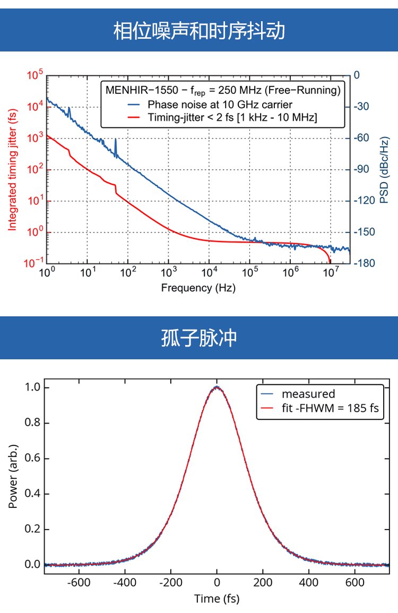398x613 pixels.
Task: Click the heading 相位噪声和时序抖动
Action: (199, 31)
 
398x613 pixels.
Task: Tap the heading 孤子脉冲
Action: (199, 339)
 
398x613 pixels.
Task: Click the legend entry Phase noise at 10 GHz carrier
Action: (220, 104)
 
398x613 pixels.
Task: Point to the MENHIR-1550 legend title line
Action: (222, 90)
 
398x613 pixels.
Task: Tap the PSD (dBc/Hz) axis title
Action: (384, 169)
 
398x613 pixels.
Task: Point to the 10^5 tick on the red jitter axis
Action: (33, 76)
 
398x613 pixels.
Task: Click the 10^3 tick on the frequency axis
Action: (168, 274)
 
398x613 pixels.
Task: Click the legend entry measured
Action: (308, 394)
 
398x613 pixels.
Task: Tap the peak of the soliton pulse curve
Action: (217, 387)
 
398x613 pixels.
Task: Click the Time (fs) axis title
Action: (217, 599)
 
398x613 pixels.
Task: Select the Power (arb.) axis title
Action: (13, 476)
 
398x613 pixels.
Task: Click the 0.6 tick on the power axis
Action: (33, 459)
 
